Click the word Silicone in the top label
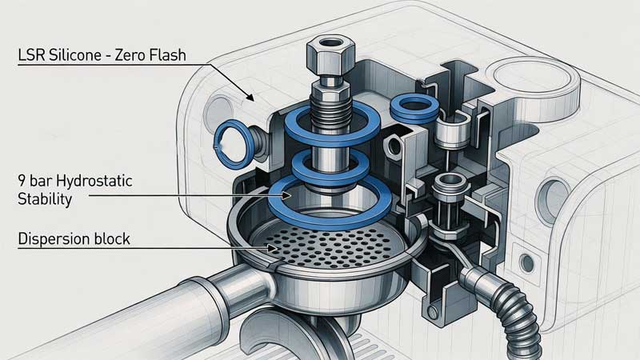pos(74,54)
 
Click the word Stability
pos(45,199)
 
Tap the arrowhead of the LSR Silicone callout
pos(250,97)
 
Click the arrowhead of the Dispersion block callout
pos(273,248)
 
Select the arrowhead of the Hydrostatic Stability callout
pos(287,195)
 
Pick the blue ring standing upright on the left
pos(231,144)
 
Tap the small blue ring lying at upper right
pos(414,108)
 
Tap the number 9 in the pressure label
pos(22,182)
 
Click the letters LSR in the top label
pos(31,54)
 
